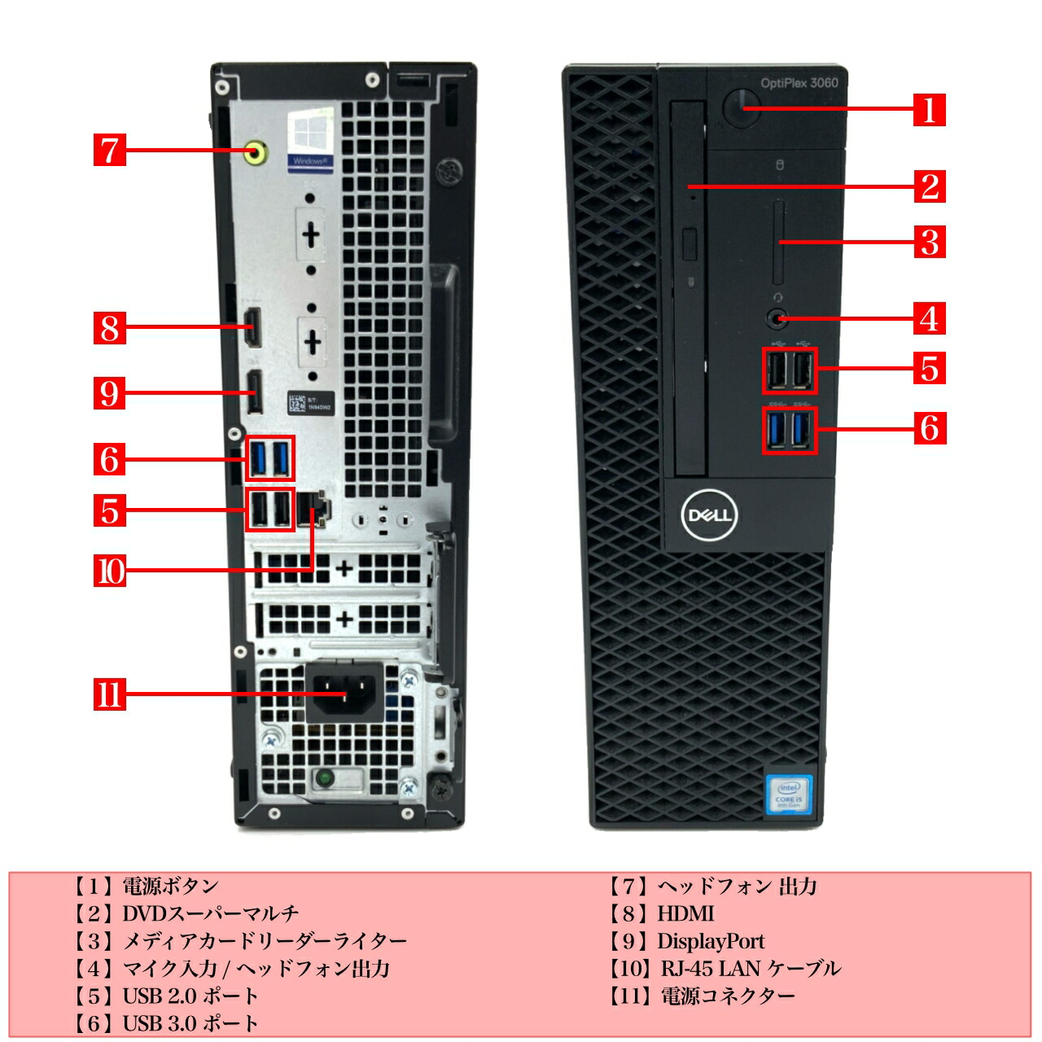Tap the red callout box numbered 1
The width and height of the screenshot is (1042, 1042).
pyautogui.click(x=929, y=109)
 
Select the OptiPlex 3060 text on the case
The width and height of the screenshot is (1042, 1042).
pyautogui.click(x=799, y=82)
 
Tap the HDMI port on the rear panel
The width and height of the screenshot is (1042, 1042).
pyautogui.click(x=253, y=327)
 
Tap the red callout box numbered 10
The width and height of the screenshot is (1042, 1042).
pyautogui.click(x=110, y=571)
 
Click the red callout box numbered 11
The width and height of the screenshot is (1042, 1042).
pyautogui.click(x=110, y=694)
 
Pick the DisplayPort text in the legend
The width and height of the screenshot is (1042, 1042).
pyautogui.click(x=711, y=941)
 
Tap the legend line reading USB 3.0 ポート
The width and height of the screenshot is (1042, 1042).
pyautogui.click(x=190, y=1022)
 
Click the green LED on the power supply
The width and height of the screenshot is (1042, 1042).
pyautogui.click(x=325, y=778)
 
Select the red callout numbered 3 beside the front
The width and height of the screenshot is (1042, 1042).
pyautogui.click(x=929, y=242)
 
